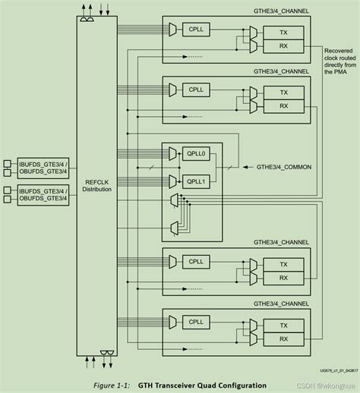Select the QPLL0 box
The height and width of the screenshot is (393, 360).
197,153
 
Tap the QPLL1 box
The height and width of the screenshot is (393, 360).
197,181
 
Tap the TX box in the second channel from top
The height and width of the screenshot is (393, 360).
284,92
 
